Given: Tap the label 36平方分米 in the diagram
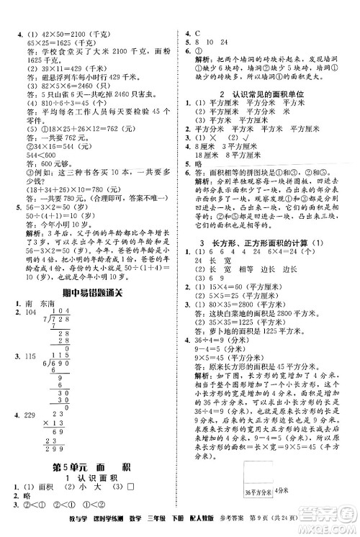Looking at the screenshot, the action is pos(258,513).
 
